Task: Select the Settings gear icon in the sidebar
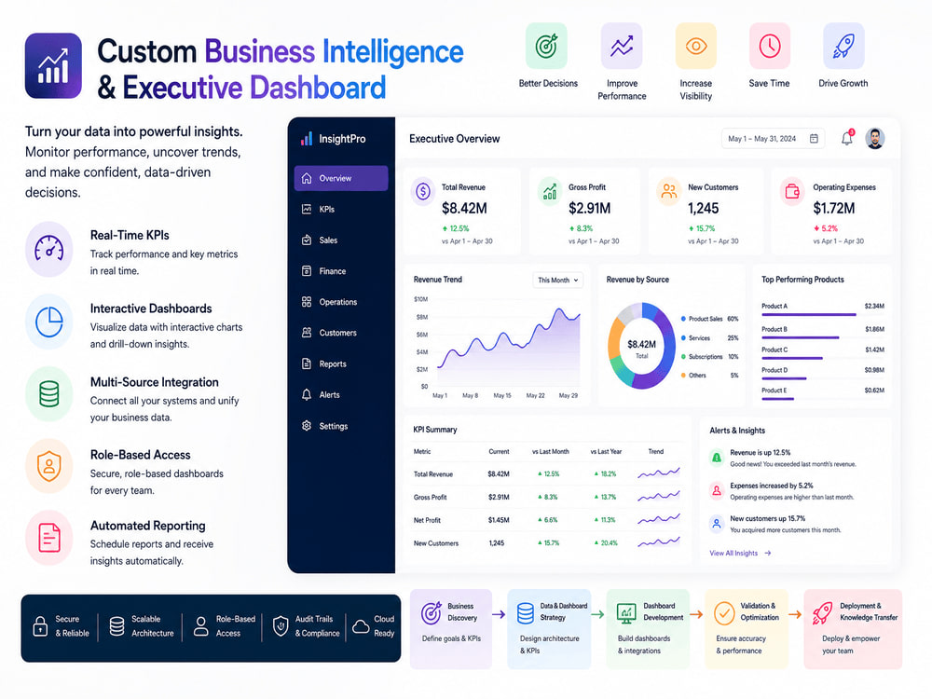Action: tap(307, 426)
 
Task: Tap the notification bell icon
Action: tap(847, 139)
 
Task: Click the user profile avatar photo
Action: tap(875, 139)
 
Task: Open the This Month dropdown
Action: tap(557, 280)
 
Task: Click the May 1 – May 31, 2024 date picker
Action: tap(773, 139)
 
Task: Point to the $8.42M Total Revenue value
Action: tap(464, 208)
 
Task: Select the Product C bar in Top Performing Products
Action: tap(791, 359)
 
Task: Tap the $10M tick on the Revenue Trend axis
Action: tap(421, 299)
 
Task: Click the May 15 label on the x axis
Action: tap(502, 395)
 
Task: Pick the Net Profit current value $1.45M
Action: tap(499, 520)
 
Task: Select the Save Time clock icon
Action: tap(770, 46)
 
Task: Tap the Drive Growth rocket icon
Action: tap(843, 46)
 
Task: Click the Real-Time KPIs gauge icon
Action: tap(49, 249)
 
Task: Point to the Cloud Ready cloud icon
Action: tap(361, 626)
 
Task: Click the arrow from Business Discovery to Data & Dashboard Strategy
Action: tap(499, 614)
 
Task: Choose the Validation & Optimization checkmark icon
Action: tap(724, 613)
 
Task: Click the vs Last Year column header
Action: tap(606, 452)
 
